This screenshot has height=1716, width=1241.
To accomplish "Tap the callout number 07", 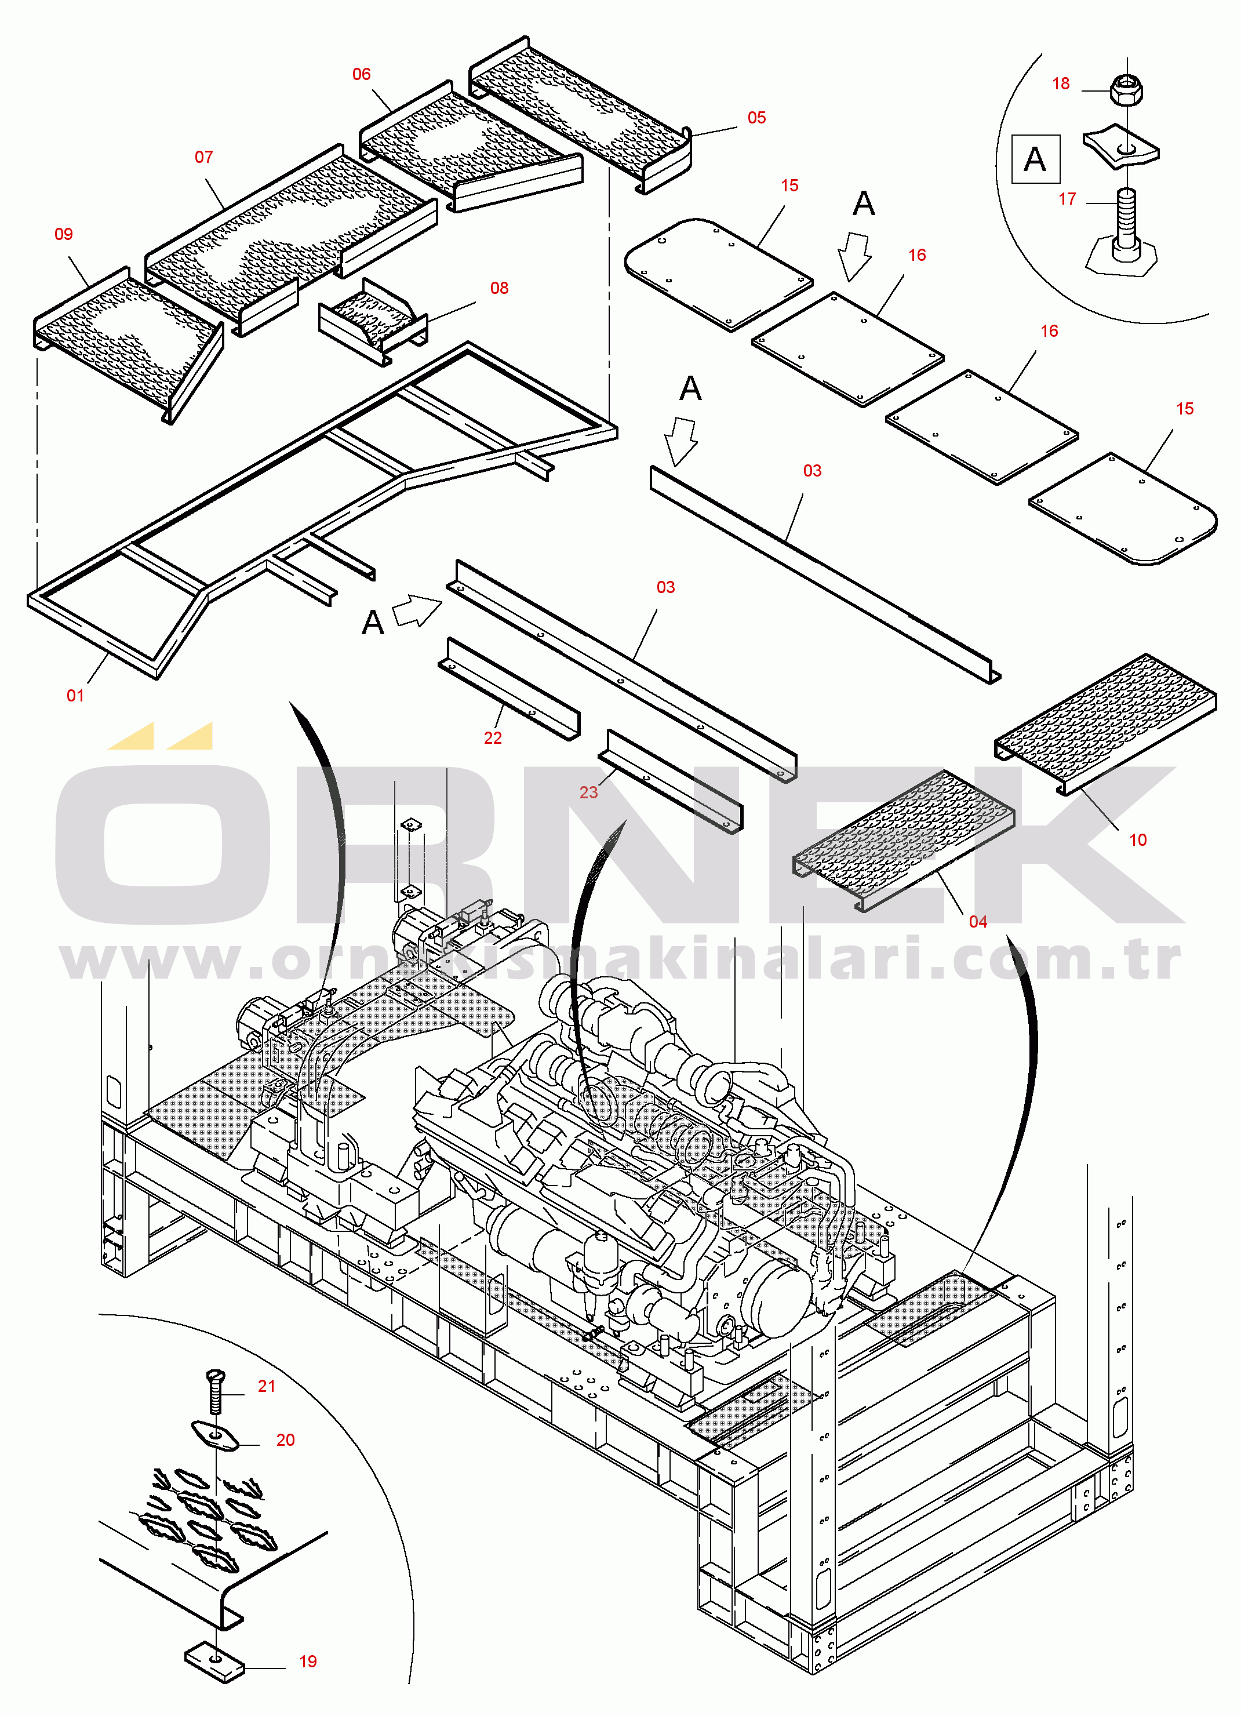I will [203, 157].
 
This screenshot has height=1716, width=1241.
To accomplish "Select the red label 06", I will [362, 75].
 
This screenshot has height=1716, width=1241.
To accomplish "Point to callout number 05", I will [756, 118].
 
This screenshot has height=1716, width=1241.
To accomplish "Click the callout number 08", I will [500, 288].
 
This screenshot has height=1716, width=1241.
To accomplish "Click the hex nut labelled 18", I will [1126, 89].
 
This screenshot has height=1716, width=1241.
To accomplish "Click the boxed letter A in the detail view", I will [1035, 159].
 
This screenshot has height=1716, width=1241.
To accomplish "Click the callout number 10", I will [1138, 841].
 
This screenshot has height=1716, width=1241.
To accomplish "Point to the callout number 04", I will [978, 922].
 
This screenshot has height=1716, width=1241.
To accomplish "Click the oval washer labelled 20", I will [215, 1435].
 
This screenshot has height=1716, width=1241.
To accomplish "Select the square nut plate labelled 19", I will [215, 1661].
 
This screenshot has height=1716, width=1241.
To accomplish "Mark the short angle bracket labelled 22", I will [508, 689].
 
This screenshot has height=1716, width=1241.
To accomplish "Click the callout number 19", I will [308, 1662].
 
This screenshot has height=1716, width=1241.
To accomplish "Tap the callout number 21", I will [267, 1387].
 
